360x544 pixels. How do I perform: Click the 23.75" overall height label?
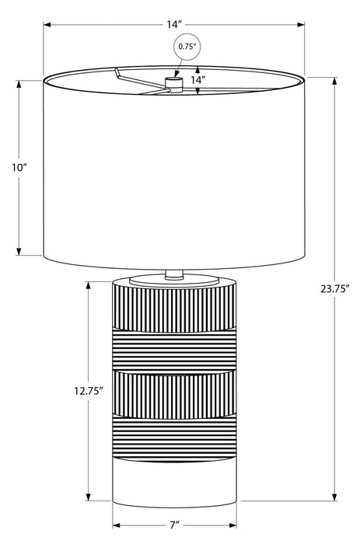point(334,288)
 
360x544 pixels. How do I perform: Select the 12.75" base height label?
point(89,391)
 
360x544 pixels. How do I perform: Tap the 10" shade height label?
point(19,168)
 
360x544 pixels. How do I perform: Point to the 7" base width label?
point(175,525)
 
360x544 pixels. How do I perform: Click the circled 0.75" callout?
point(187,47)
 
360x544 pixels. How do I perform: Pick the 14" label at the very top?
point(174,25)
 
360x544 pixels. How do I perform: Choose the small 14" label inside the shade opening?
point(198,80)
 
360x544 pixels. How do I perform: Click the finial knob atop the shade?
point(174,84)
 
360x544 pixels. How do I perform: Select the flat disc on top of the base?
point(174,280)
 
